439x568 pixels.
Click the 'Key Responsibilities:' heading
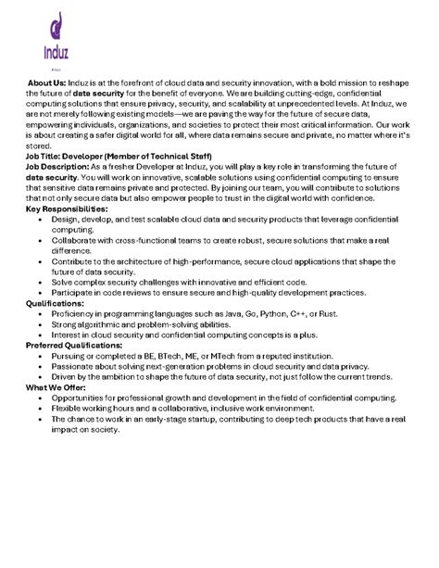coord(67,210)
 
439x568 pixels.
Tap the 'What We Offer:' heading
coord(57,387)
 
